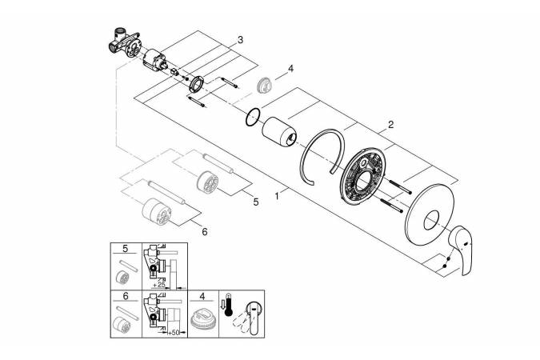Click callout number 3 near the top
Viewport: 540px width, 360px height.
click(x=240, y=39)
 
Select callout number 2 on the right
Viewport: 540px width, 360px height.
click(x=390, y=124)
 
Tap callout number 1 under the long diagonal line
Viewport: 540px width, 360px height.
click(x=277, y=194)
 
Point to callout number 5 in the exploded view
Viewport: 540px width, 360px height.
click(x=256, y=202)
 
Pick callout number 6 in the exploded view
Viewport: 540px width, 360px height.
click(x=204, y=231)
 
